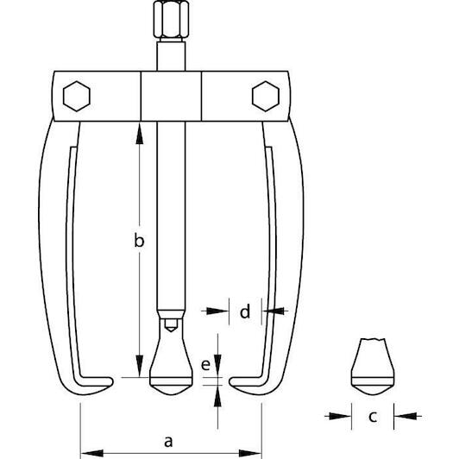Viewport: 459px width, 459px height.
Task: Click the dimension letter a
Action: pos(168,442)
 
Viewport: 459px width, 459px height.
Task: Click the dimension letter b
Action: pos(139,240)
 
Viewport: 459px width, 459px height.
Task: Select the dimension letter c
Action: pos(373,416)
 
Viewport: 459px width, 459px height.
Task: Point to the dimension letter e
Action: pos(206,365)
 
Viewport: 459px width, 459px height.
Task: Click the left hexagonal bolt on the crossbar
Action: pos(77,96)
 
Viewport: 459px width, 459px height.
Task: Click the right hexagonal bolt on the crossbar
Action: pos(266,96)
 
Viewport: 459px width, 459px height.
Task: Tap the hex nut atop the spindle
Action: pos(171,19)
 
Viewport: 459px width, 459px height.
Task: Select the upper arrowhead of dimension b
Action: pos(140,134)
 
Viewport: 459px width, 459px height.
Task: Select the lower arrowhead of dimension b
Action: pos(140,366)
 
